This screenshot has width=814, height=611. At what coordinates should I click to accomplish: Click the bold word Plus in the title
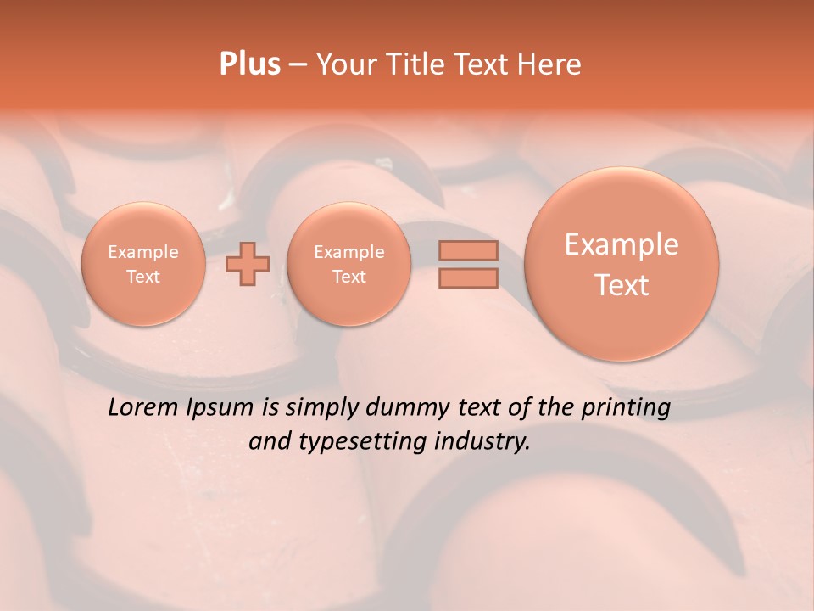[x=249, y=64]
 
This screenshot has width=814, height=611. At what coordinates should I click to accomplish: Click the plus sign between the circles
[x=248, y=264]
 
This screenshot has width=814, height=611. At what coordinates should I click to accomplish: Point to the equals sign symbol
[x=468, y=264]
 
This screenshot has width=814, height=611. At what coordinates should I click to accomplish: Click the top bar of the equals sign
[x=468, y=250]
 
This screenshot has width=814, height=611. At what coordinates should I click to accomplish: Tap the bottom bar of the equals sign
[x=468, y=277]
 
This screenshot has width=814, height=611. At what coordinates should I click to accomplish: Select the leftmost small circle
[x=143, y=264]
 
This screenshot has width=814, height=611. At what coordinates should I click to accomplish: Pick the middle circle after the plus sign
[x=348, y=264]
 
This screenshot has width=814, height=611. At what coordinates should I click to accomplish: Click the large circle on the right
[x=622, y=264]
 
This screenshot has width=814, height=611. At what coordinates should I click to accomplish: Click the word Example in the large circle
[x=622, y=244]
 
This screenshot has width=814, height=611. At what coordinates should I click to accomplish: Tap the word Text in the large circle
[x=622, y=285]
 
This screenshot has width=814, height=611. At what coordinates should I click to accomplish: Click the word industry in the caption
[x=488, y=442]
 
